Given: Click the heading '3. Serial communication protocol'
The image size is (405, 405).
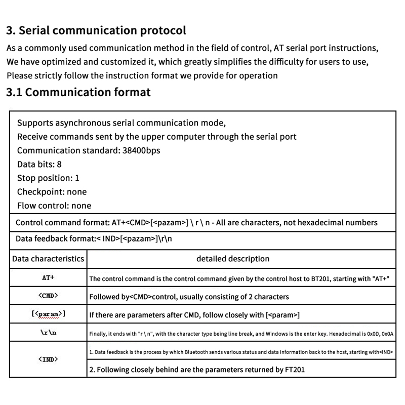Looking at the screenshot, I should tap(96, 30).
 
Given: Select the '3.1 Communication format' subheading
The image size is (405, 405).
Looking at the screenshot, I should tap(78, 92).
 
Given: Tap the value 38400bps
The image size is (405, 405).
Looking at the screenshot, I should tap(141, 150).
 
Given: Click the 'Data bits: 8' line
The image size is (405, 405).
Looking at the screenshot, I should tap(39, 164).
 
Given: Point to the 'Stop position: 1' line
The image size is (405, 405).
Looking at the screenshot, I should tap(48, 178).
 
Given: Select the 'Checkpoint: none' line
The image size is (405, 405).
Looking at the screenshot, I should tap(52, 192).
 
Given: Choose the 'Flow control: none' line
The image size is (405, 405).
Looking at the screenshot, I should tap(54, 206).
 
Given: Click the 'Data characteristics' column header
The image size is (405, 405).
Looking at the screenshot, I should tap(48, 259).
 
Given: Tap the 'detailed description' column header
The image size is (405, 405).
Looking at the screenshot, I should tap(233, 259).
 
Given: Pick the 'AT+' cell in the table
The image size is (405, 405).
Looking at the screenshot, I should tap(48, 278).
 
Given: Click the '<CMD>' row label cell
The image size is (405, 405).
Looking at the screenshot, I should tap(48, 296).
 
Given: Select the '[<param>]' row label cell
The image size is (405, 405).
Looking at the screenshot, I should tap(48, 314).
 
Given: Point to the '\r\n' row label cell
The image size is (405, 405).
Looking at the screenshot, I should tap(48, 333).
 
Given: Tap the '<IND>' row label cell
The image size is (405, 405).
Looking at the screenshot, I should tap(48, 359).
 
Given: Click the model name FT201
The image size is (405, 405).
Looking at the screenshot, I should tap(294, 370).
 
